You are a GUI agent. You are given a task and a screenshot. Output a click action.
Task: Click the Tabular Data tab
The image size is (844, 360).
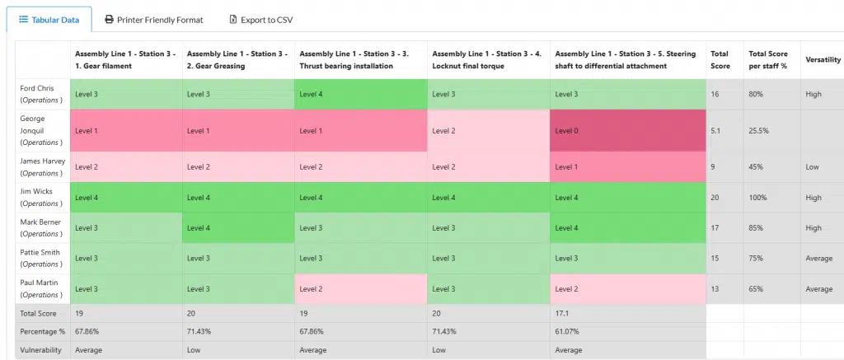(49, 19)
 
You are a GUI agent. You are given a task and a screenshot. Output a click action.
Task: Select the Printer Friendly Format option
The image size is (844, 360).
(153, 19)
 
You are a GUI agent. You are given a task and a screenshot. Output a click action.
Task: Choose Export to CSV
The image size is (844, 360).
(260, 19)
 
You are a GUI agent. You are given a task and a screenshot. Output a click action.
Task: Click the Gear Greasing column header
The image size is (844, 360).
(237, 60)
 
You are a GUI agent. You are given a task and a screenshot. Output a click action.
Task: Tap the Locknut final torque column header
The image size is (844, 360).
(488, 60)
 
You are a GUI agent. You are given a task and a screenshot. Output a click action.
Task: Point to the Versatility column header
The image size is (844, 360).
(823, 60)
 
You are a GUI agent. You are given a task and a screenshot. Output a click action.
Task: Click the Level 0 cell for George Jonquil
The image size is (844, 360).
(627, 130)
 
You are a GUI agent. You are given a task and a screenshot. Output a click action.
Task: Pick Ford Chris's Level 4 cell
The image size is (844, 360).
(360, 94)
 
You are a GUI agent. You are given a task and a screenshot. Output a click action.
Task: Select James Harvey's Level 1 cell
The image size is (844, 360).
(627, 166)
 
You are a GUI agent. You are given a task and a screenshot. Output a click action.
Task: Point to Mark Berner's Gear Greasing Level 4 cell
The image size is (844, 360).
(237, 227)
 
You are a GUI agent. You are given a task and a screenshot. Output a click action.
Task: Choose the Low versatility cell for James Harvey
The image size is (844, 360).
(813, 166)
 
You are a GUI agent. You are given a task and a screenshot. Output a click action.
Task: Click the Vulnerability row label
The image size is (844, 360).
(41, 349)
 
